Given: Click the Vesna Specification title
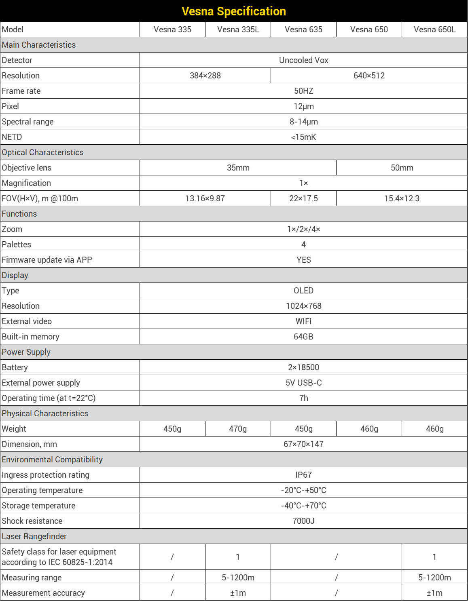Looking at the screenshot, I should coord(234,11).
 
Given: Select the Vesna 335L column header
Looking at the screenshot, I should coord(238,30).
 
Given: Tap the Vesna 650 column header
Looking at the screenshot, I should coord(369,30).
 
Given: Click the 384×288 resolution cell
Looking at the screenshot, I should coord(205,76).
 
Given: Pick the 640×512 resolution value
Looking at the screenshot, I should coord(369,76).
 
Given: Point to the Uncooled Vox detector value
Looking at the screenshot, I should coord(303,60).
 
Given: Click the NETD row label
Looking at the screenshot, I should coord(12,137).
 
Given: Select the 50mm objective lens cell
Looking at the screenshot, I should coord(402,168).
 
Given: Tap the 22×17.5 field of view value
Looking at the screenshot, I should coord(303,198).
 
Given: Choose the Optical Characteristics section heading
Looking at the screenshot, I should coord(42,152).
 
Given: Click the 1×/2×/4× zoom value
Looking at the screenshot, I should coord(303,229).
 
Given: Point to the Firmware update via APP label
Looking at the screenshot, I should coord(47,260).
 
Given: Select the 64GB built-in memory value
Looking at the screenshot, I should coord(303,337).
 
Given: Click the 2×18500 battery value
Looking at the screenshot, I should coord(303,367).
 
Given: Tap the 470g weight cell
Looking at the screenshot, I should coord(238,429).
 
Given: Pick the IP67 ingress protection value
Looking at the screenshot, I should coord(303,475).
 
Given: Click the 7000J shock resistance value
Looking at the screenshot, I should coord(303,521).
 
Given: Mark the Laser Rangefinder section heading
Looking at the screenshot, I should coord(34,536).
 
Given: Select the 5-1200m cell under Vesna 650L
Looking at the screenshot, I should coord(434,578).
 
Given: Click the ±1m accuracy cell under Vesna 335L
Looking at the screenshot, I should coord(238,593).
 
